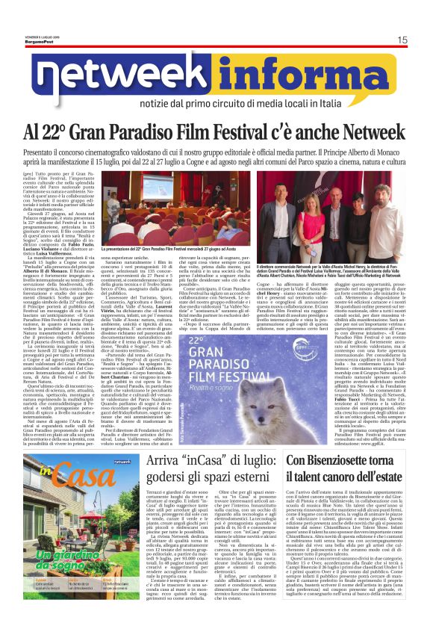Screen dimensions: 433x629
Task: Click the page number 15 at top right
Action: [x=402, y=40]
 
